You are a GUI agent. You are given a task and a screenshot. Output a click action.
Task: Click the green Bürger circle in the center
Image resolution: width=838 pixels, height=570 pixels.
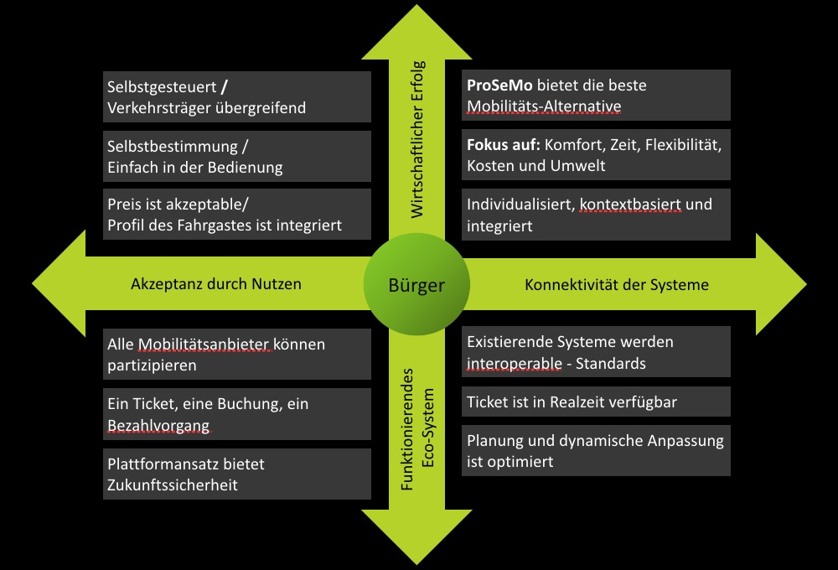pyautogui.click(x=416, y=285)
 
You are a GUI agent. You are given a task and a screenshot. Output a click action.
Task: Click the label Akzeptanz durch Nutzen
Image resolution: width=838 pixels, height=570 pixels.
pyautogui.click(x=216, y=284)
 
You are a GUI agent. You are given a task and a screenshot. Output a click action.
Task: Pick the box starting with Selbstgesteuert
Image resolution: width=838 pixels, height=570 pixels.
pyautogui.click(x=237, y=96)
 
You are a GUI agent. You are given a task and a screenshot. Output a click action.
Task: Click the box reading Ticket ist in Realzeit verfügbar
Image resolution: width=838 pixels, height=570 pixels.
pyautogui.click(x=597, y=402)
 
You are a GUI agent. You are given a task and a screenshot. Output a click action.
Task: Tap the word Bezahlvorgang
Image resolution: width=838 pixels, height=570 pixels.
pyautogui.click(x=158, y=426)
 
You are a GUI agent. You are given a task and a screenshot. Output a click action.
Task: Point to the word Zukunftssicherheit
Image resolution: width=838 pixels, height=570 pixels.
pyautogui.click(x=173, y=484)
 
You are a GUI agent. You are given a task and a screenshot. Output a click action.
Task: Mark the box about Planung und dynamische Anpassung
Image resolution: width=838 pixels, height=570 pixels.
pyautogui.click(x=597, y=451)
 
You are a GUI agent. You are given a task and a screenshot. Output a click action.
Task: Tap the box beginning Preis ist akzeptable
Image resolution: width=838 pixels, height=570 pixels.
pyautogui.click(x=237, y=214)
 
